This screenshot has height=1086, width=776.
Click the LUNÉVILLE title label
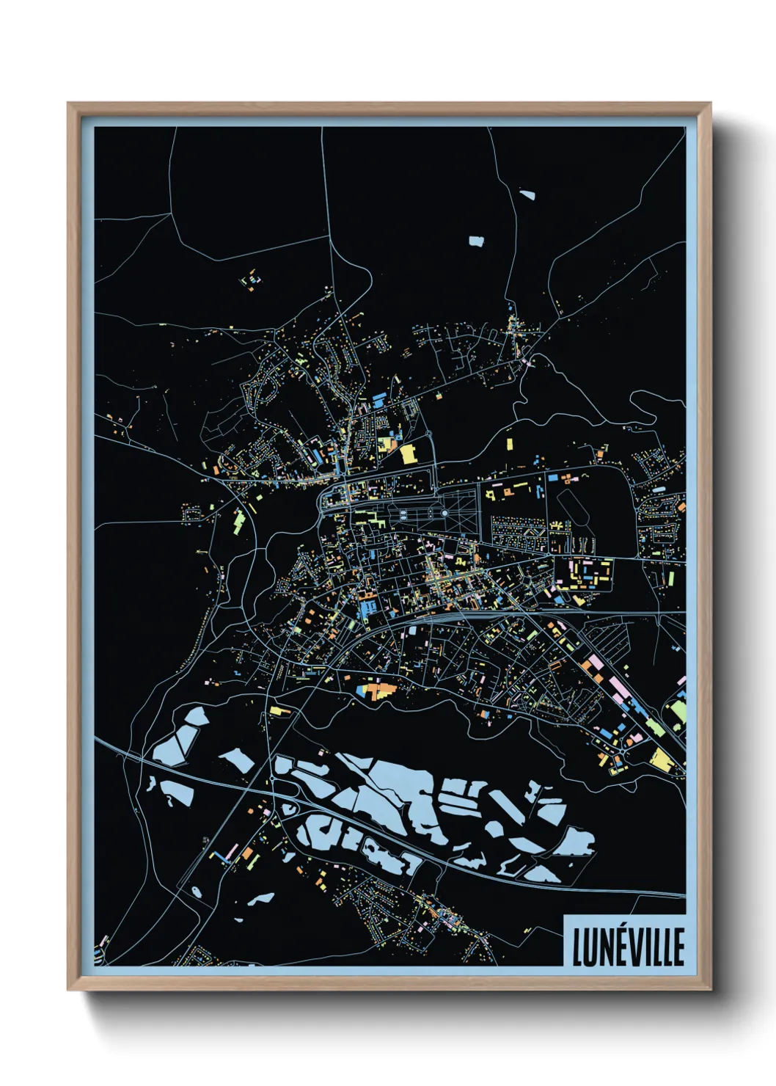click(627, 947)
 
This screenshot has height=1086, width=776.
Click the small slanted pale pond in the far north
click(527, 195)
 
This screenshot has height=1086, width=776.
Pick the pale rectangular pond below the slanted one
click(477, 240)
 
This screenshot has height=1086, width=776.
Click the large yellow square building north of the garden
click(408, 453)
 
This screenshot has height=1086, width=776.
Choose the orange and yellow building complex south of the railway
click(376, 690)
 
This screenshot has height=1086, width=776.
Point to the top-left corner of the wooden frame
click(70, 105)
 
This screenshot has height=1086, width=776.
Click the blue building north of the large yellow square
click(379, 401)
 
